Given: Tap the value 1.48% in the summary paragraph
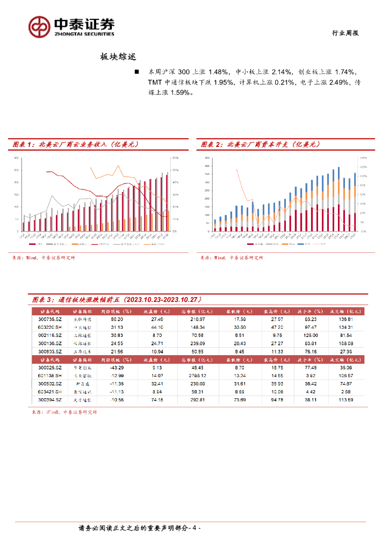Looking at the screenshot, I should tap(220, 72).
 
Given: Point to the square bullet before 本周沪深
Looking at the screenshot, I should tap(136, 72).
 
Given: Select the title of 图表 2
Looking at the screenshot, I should tap(261, 144).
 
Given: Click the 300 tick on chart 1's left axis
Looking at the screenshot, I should tap(16, 158).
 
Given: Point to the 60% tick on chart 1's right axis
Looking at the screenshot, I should tap(175, 158).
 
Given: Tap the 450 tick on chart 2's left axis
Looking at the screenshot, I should tap(207, 158).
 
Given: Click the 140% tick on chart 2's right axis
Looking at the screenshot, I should tap(363, 158).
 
